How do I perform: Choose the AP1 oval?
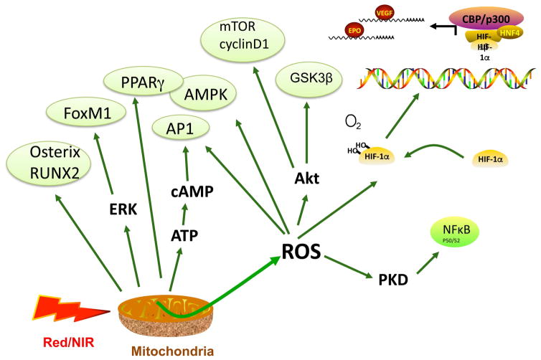tap(185, 131)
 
